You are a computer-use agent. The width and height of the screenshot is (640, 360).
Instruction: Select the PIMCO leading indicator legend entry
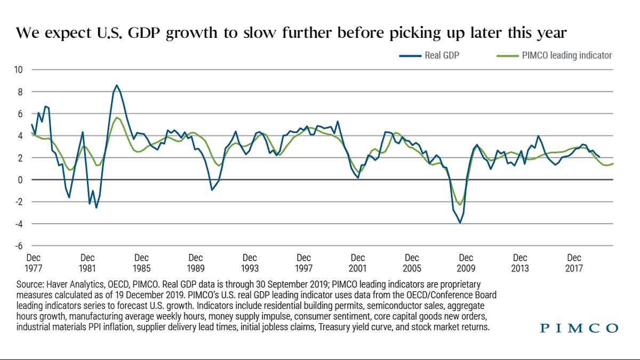[x=566, y=55]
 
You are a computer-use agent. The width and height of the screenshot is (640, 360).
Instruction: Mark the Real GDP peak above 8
[x=117, y=85]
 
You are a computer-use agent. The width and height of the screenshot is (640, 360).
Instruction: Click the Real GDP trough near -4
[x=460, y=222]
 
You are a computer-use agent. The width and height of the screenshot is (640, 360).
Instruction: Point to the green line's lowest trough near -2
[x=460, y=205]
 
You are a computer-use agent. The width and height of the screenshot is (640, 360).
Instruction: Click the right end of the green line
[x=613, y=163]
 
